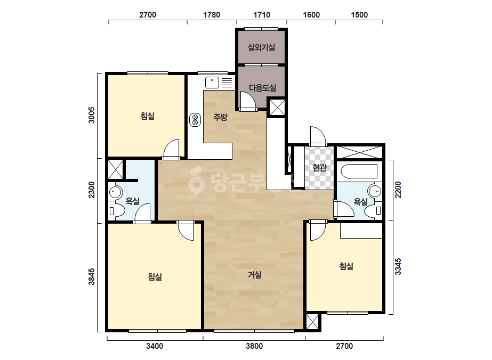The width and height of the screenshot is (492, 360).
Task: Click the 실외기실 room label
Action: pyautogui.click(x=261, y=47)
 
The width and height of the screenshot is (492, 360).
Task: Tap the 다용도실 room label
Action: pyautogui.click(x=262, y=88)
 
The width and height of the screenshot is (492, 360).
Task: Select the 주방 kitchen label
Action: pyautogui.click(x=220, y=117)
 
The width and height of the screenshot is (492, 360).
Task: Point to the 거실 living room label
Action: pyautogui.click(x=254, y=275)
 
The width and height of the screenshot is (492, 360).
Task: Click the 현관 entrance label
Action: pyautogui.click(x=319, y=167)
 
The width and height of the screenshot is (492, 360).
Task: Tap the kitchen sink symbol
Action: pyautogui.click(x=212, y=83)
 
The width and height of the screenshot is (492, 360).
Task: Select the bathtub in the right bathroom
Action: pyautogui.click(x=358, y=171)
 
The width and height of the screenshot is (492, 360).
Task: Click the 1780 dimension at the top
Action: pyautogui.click(x=212, y=15)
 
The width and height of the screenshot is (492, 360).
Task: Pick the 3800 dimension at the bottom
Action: pyautogui.click(x=254, y=346)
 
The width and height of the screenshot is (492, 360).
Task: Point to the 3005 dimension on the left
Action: pyautogui.click(x=91, y=115)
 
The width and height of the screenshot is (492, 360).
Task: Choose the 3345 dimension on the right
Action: pyautogui.click(x=398, y=266)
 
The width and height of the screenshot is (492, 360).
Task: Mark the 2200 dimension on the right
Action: pyautogui.click(x=398, y=190)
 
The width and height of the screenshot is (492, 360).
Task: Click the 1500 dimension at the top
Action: pyautogui.click(x=359, y=15)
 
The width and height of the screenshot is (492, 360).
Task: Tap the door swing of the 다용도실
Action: pyautogui.click(x=247, y=100)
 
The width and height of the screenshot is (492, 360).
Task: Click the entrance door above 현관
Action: pyautogui.click(x=318, y=136)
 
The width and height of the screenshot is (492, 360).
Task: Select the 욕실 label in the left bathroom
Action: pyautogui.click(x=132, y=201)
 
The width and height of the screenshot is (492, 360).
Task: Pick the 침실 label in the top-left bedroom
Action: pyautogui.click(x=148, y=116)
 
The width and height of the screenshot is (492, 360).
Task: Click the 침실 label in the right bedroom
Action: pyautogui.click(x=346, y=266)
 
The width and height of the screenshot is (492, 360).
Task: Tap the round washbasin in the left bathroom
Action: pyautogui.click(x=115, y=192)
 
